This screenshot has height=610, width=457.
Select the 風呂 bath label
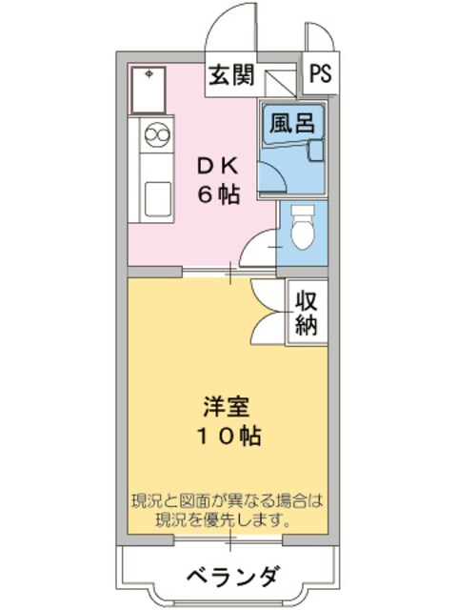click(290, 121)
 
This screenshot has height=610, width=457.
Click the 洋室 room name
click(227, 407)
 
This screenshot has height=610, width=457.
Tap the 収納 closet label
click(307, 312)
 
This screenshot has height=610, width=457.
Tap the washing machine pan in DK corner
click(149, 89)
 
